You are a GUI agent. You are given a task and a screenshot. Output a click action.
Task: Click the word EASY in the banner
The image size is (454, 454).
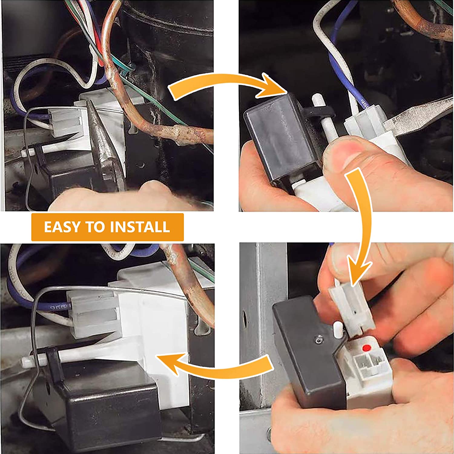tap(63, 227)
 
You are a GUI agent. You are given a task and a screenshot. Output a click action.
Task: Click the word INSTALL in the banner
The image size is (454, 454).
tap(140, 227)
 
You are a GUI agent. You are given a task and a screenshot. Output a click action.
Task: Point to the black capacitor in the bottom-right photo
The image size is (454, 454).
tap(309, 351)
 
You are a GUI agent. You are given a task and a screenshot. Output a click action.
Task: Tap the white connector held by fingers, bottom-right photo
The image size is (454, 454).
tap(351, 306)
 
